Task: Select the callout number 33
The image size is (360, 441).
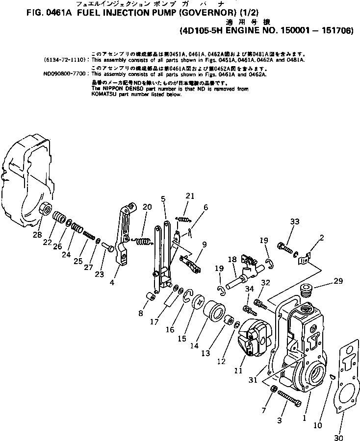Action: click(294, 222)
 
